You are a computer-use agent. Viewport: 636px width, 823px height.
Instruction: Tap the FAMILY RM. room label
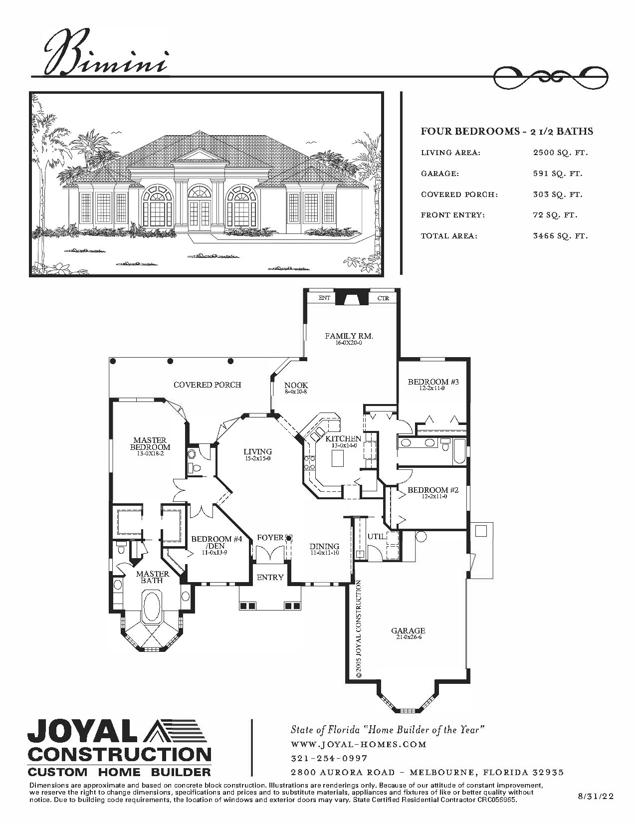(x=349, y=336)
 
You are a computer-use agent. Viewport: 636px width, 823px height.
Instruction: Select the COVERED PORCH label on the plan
(x=207, y=385)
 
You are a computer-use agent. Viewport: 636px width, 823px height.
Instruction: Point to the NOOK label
(x=296, y=386)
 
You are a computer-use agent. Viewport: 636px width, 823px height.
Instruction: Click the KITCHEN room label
(x=343, y=438)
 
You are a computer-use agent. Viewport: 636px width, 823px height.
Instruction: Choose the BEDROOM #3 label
(x=433, y=382)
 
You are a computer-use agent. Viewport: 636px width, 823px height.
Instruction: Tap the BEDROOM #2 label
(x=433, y=490)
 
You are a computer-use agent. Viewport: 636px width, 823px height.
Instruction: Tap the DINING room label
(x=324, y=547)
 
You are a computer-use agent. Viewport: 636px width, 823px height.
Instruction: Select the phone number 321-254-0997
(x=329, y=758)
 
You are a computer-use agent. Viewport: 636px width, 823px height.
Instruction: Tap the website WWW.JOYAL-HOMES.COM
(x=358, y=744)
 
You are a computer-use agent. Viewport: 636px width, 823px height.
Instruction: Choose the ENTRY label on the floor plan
(x=270, y=577)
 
